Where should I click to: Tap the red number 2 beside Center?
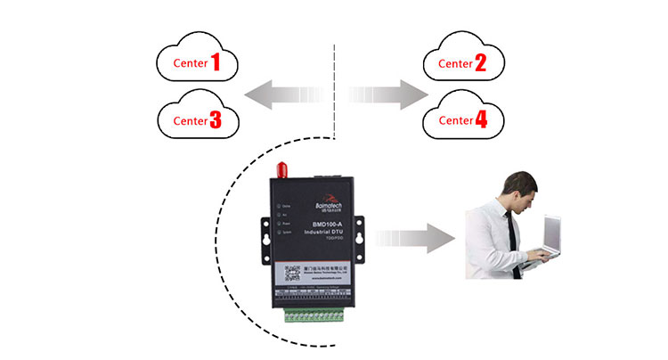[x=481, y=62]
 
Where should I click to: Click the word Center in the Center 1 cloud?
[x=189, y=63]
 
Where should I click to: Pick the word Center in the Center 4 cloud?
[x=455, y=120]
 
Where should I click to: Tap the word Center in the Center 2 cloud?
[x=455, y=64]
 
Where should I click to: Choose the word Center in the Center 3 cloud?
[x=189, y=120]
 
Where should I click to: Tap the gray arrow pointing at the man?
[x=415, y=239]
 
